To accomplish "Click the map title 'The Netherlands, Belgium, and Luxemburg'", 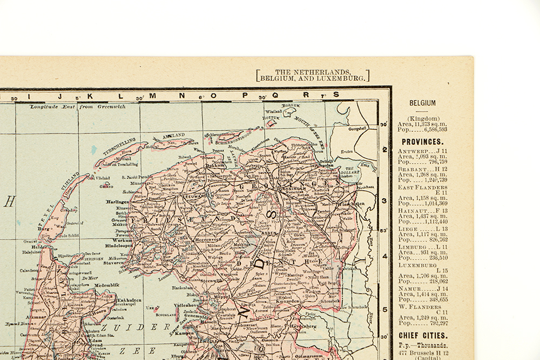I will (313, 75).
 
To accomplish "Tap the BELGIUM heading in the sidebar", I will (422, 103).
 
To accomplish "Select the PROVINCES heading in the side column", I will (422, 141).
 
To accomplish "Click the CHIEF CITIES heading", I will (422, 335).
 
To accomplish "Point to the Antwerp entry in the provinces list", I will (415, 151).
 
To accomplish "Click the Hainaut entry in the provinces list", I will (415, 211).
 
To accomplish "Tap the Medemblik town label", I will (106, 284).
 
